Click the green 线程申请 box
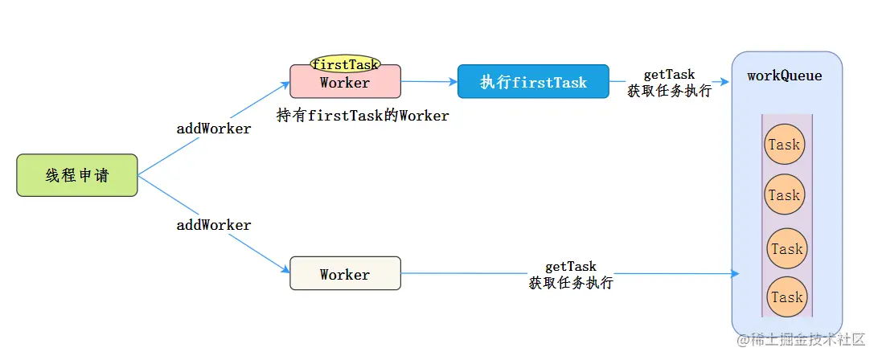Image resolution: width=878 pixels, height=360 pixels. [77, 175]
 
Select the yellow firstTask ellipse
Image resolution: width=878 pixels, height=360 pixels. [345, 64]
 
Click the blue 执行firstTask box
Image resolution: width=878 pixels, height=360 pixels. [533, 82]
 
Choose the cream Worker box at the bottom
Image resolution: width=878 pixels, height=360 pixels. [345, 274]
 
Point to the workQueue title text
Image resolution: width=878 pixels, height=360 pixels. [784, 76]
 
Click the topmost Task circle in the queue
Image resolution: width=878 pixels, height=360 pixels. [784, 145]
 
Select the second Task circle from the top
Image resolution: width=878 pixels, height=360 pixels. [784, 195]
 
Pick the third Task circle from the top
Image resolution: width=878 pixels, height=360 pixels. [786, 248]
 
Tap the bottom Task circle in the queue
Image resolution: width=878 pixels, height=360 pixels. [786, 297]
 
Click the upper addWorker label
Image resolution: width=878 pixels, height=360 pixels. [214, 129]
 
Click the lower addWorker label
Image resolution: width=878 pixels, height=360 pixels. [214, 225]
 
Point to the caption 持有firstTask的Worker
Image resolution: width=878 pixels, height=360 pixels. [362, 116]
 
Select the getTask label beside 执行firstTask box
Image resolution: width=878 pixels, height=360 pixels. [669, 75]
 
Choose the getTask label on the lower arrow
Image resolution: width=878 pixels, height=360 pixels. [571, 267]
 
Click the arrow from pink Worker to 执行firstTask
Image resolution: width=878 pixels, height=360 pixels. [429, 81]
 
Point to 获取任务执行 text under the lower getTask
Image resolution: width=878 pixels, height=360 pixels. [571, 283]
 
